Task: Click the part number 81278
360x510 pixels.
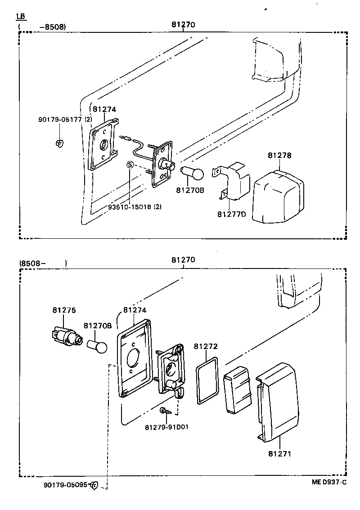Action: point(279,155)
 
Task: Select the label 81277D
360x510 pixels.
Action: point(232,214)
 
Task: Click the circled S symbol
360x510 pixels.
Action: point(130,165)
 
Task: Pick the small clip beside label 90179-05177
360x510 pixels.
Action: point(59,143)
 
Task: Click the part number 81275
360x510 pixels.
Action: point(64,310)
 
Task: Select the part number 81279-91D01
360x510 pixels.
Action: point(166,427)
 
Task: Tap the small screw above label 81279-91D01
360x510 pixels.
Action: point(164,411)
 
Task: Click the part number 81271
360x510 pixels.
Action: point(279,454)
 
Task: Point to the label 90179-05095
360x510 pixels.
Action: point(66,485)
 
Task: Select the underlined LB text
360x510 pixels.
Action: point(21,16)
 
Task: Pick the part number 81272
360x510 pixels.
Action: point(206,346)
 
